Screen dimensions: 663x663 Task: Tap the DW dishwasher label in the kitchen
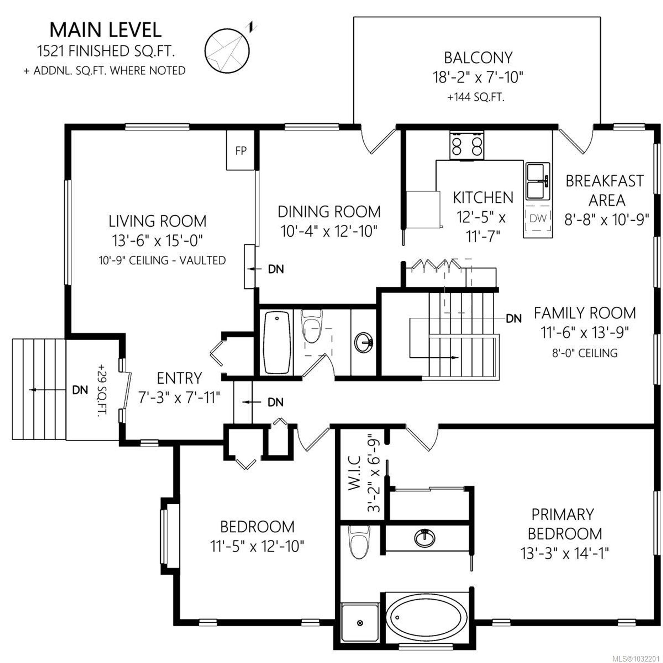(x=538, y=218)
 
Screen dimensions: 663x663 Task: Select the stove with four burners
(x=467, y=145)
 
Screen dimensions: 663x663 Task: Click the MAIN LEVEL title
(x=105, y=30)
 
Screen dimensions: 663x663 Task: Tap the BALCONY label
(x=478, y=58)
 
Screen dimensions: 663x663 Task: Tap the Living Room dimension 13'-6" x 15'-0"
(x=157, y=241)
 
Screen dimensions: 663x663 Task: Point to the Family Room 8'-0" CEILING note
(x=585, y=353)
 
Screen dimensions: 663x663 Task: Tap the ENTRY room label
(x=179, y=378)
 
